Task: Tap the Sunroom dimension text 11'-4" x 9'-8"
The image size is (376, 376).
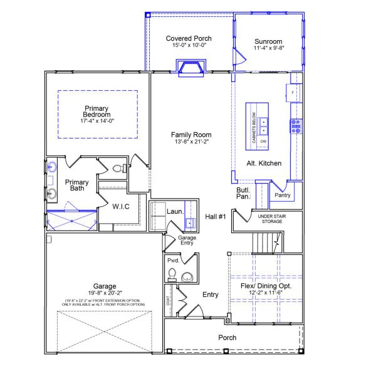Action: point(269,48)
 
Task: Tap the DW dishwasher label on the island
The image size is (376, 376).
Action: point(264,142)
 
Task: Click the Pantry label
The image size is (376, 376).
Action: point(283,196)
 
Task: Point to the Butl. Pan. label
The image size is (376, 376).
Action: point(243,193)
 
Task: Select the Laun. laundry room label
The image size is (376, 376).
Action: point(175,211)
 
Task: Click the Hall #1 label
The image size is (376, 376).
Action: point(215,217)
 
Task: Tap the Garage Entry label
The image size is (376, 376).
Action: point(187,241)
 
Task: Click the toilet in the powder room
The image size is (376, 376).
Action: point(187,277)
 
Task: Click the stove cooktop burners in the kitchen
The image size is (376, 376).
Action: point(296,126)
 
